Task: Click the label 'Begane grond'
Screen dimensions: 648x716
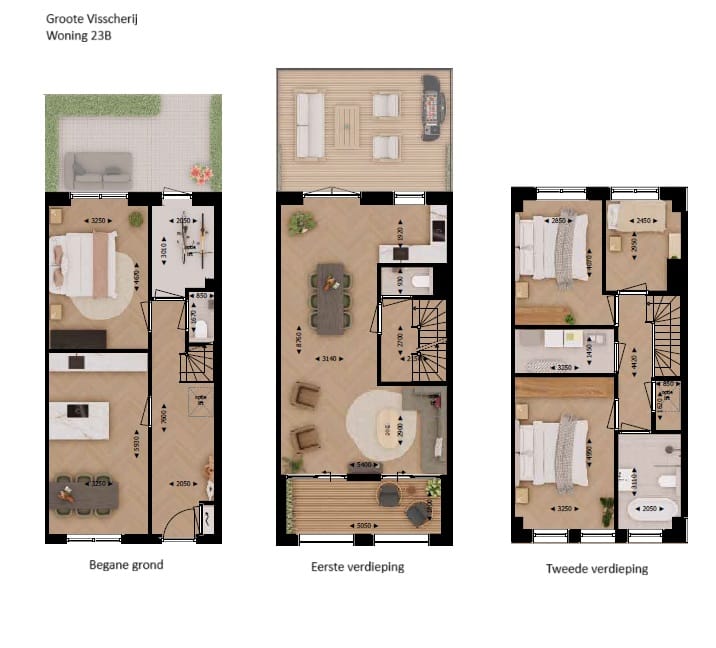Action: [x=126, y=565]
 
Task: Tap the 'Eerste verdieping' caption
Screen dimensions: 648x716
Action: [x=357, y=567]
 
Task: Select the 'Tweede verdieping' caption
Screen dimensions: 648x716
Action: [x=596, y=568]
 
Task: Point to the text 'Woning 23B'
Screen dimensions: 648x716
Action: [x=79, y=36]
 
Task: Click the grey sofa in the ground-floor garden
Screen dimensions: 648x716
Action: [x=98, y=168]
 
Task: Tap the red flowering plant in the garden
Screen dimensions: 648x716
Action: [x=202, y=174]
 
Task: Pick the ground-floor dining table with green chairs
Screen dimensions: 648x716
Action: [x=84, y=492]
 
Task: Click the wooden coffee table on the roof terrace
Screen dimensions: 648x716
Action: [x=346, y=126]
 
